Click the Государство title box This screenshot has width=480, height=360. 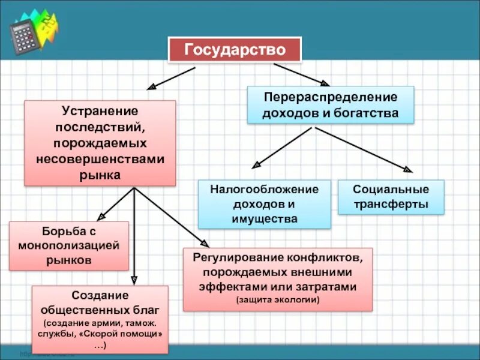click(x=235, y=49)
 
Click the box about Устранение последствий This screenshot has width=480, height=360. click(x=100, y=143)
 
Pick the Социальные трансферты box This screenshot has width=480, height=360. click(x=391, y=197)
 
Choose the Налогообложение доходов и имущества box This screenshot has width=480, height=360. click(x=264, y=204)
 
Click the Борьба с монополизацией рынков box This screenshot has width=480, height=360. click(x=69, y=246)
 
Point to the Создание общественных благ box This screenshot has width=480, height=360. click(x=100, y=319)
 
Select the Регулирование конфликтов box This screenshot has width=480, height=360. click(x=277, y=279)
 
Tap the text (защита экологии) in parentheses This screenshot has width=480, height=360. click(x=277, y=299)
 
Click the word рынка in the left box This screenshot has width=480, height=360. click(x=100, y=175)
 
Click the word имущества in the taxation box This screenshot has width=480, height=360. click(x=264, y=218)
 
